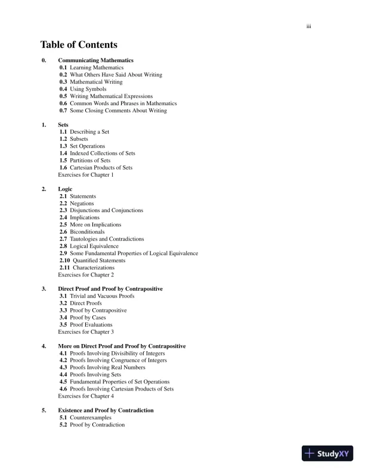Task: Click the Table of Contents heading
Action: coord(79,45)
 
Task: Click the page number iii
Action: coord(309,26)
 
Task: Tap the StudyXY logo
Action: coord(327,453)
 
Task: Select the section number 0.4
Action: coord(63,89)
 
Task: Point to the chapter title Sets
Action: coord(63,125)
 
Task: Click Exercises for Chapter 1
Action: coord(86,175)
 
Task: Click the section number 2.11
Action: coord(65,268)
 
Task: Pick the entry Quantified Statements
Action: coord(99,260)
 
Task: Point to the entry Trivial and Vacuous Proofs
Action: coord(102,296)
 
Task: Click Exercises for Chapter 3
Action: coord(86,332)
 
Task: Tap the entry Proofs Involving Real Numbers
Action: coord(107,367)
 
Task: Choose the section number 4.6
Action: coord(63,389)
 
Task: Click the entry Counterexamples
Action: coord(91,417)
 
